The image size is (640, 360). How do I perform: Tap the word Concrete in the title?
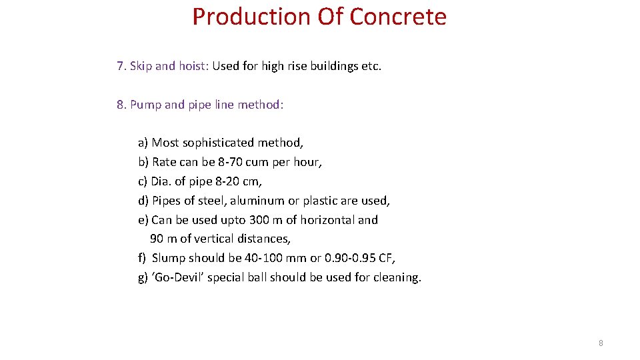397,17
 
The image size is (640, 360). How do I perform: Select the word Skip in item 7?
141,66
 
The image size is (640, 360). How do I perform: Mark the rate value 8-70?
231,162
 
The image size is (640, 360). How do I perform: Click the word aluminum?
257,201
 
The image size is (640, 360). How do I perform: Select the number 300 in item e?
259,220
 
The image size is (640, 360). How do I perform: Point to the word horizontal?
328,220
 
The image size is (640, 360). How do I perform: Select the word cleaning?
399,277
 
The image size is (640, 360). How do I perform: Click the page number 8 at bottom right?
601,343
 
